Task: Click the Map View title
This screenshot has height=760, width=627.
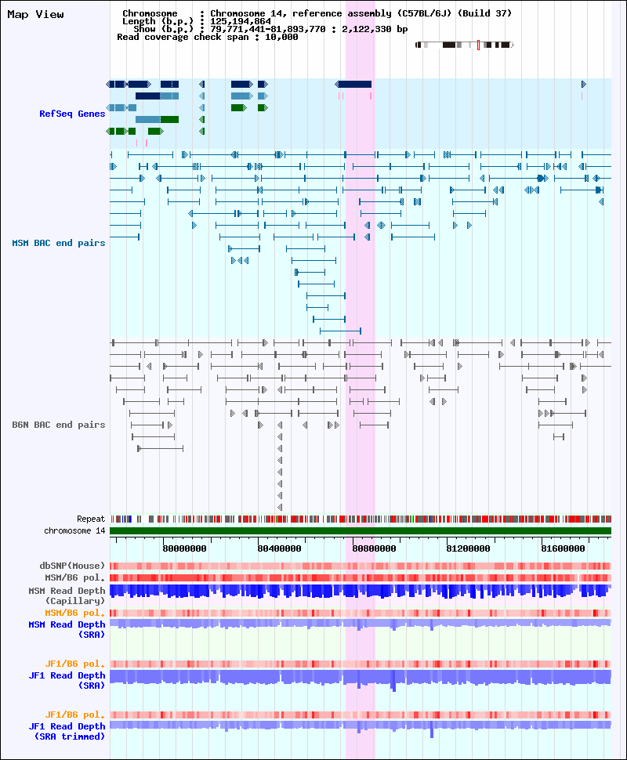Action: (x=35, y=14)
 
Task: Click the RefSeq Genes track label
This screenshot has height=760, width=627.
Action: (x=72, y=114)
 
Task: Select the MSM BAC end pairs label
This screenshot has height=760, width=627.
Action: (x=59, y=243)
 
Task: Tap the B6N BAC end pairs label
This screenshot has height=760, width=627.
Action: (x=59, y=425)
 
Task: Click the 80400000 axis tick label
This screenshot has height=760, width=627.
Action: (x=281, y=548)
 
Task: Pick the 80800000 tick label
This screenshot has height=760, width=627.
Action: (x=375, y=548)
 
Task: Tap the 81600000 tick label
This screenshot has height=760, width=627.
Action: (x=564, y=548)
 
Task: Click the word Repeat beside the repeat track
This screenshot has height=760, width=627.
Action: (x=91, y=519)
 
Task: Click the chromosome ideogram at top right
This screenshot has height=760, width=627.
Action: (x=464, y=45)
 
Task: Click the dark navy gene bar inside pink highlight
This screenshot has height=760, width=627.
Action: (x=355, y=84)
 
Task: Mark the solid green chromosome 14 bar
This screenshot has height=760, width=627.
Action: (x=361, y=530)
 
